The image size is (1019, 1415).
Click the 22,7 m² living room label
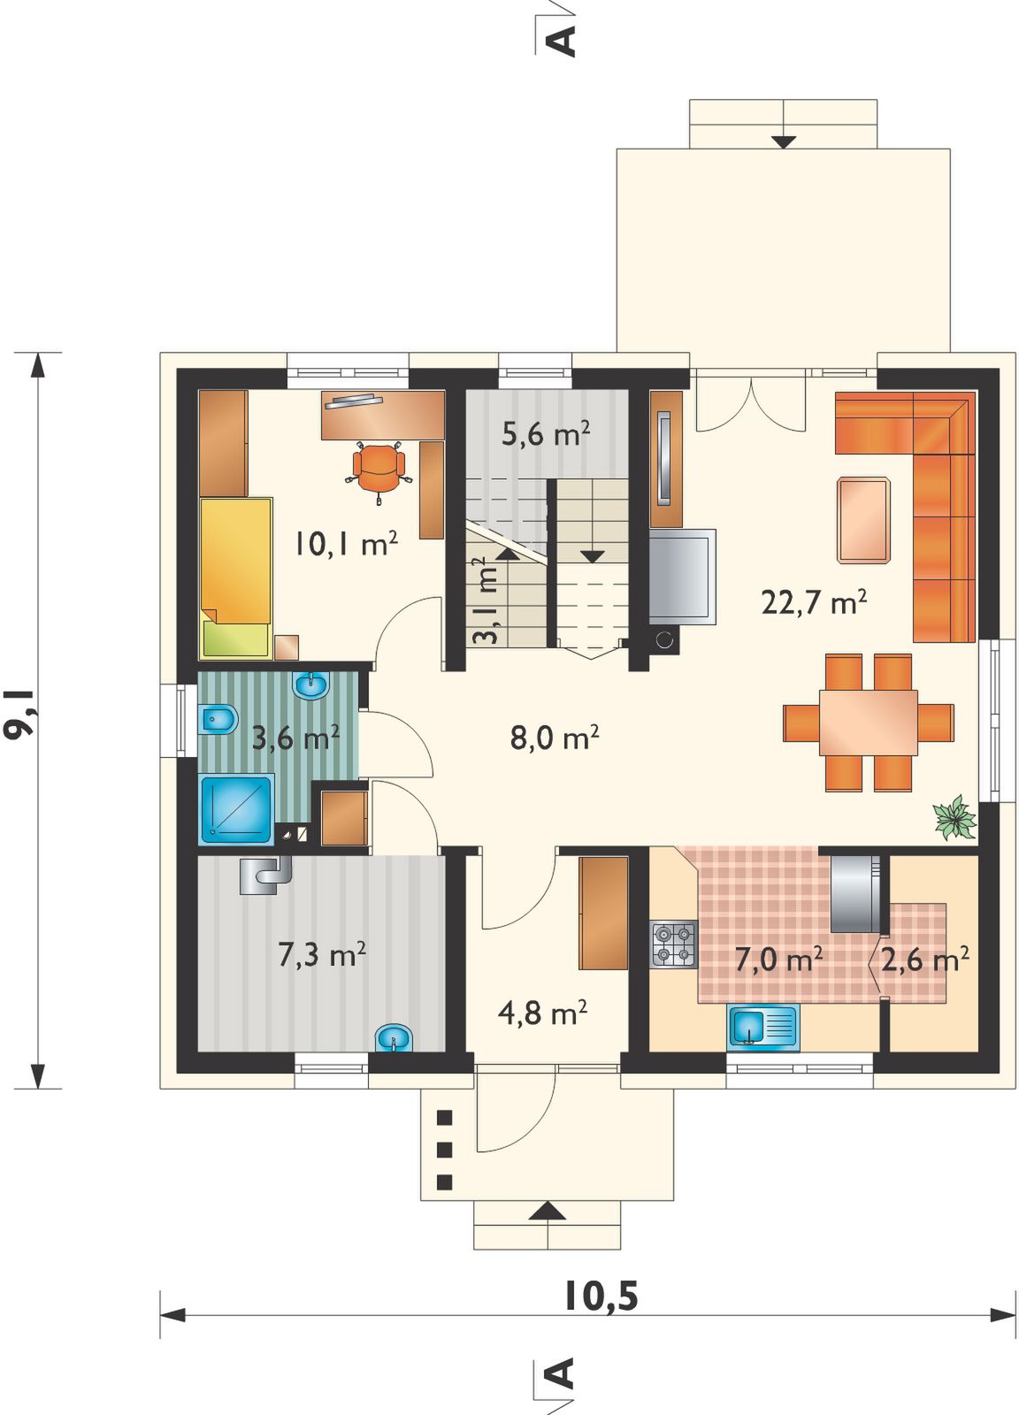click(x=813, y=602)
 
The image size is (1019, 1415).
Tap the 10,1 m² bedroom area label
click(x=346, y=544)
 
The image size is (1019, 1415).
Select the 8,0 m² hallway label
click(x=555, y=738)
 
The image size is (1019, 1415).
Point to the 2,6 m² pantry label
click(x=925, y=960)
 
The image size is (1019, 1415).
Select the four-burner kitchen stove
click(x=674, y=944)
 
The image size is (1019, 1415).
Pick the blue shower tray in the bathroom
click(x=237, y=809)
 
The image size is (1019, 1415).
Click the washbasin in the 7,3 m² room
click(x=394, y=1037)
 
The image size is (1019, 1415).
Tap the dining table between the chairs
click(x=868, y=722)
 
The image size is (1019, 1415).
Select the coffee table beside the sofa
click(x=863, y=520)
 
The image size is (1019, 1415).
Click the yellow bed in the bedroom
click(x=237, y=578)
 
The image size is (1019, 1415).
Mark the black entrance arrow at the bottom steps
click(x=547, y=1211)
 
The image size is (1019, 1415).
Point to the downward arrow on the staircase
click(x=593, y=556)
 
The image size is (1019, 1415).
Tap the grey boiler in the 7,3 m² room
click(x=265, y=875)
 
